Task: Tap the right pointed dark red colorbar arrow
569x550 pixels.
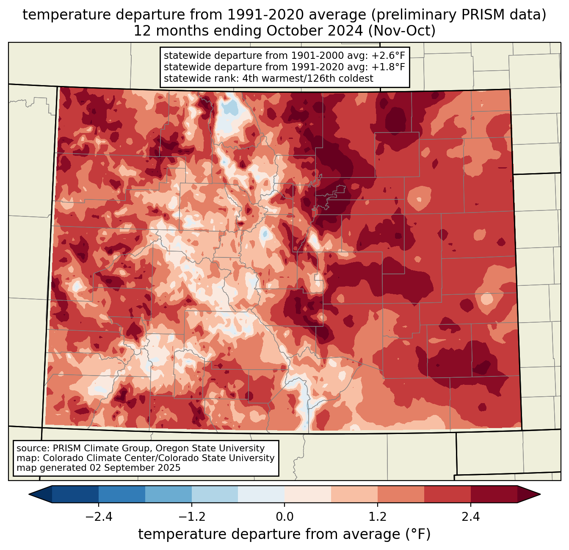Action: pos(529,495)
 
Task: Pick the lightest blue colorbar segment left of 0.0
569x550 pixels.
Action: pos(261,495)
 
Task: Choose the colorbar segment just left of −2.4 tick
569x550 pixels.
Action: pos(75,495)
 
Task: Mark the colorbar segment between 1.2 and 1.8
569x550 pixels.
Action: pos(401,495)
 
